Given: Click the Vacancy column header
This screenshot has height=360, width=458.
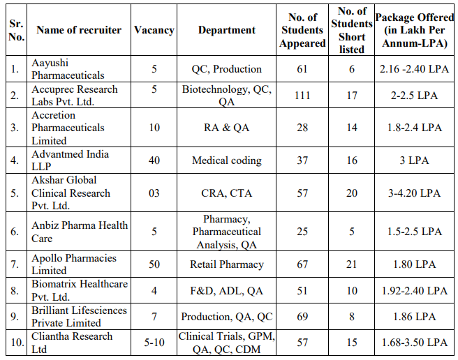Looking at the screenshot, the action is click(x=154, y=30).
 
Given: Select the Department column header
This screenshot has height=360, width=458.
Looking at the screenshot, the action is click(x=227, y=30).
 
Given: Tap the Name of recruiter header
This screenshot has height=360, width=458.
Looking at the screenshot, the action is click(x=79, y=30).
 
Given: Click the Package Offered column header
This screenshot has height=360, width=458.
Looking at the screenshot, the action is click(x=415, y=30).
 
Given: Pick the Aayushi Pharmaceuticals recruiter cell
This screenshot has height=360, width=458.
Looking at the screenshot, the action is click(x=68, y=69).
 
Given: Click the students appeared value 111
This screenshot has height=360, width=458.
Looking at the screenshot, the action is click(x=302, y=96).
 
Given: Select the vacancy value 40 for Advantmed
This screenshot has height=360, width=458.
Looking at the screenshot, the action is click(x=154, y=160).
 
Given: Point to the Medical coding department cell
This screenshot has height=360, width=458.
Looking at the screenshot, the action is click(x=227, y=160).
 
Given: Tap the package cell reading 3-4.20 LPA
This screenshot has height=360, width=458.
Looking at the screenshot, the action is click(x=414, y=193).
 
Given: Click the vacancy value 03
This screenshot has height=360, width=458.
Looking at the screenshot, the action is click(x=154, y=193).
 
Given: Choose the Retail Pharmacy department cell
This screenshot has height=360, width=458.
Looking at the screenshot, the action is click(x=227, y=264).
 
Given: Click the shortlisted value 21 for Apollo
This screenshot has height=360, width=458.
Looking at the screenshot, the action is click(x=352, y=264).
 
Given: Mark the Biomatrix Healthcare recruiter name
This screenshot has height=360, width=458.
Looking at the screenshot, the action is click(x=80, y=290).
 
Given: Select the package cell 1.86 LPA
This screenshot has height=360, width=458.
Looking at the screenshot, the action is click(x=414, y=317).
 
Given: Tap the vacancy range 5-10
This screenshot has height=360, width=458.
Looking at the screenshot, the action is click(x=154, y=342).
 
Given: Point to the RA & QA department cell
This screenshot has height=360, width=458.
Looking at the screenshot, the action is click(x=227, y=128).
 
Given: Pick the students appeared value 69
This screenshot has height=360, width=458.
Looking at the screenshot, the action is click(x=302, y=317).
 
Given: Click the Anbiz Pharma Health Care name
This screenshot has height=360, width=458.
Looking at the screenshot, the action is click(x=80, y=232).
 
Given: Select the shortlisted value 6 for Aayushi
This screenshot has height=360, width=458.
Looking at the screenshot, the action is click(x=352, y=69).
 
